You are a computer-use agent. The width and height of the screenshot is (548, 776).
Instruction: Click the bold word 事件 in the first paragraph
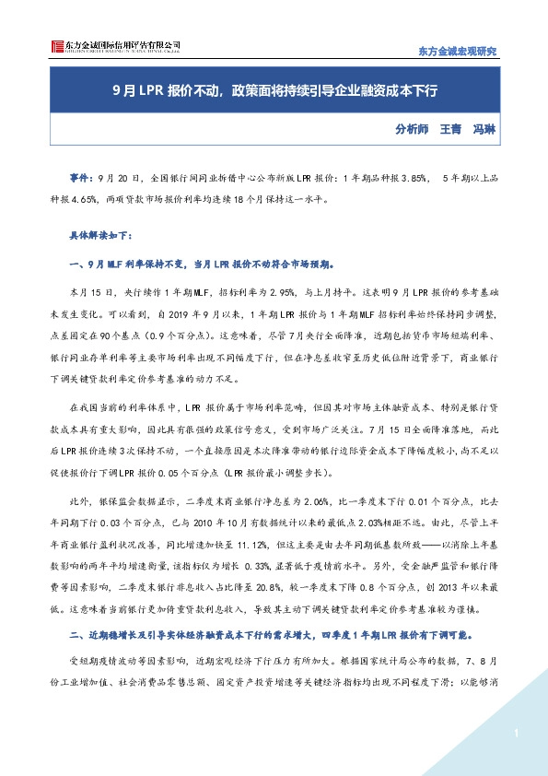click(81, 175)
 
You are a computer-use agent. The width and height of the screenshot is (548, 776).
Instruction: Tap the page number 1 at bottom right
click(518, 733)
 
